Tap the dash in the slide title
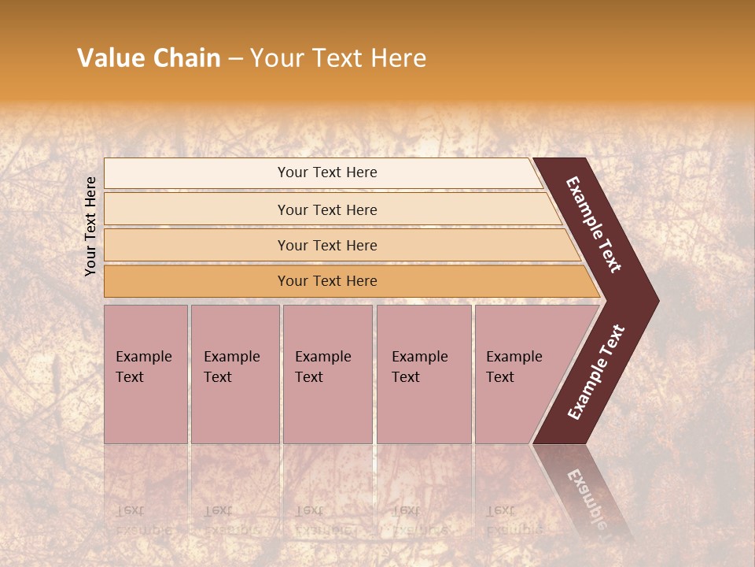point(235,59)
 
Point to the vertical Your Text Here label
point(90,226)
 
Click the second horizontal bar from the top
point(327,209)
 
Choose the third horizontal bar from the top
point(327,245)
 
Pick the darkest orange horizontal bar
point(327,281)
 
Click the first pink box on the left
point(145,374)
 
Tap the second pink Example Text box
point(234,374)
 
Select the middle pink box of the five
point(327,374)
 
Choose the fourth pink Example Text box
point(424,374)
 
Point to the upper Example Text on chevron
point(595,224)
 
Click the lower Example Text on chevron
point(596,372)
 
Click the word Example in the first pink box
point(143,357)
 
